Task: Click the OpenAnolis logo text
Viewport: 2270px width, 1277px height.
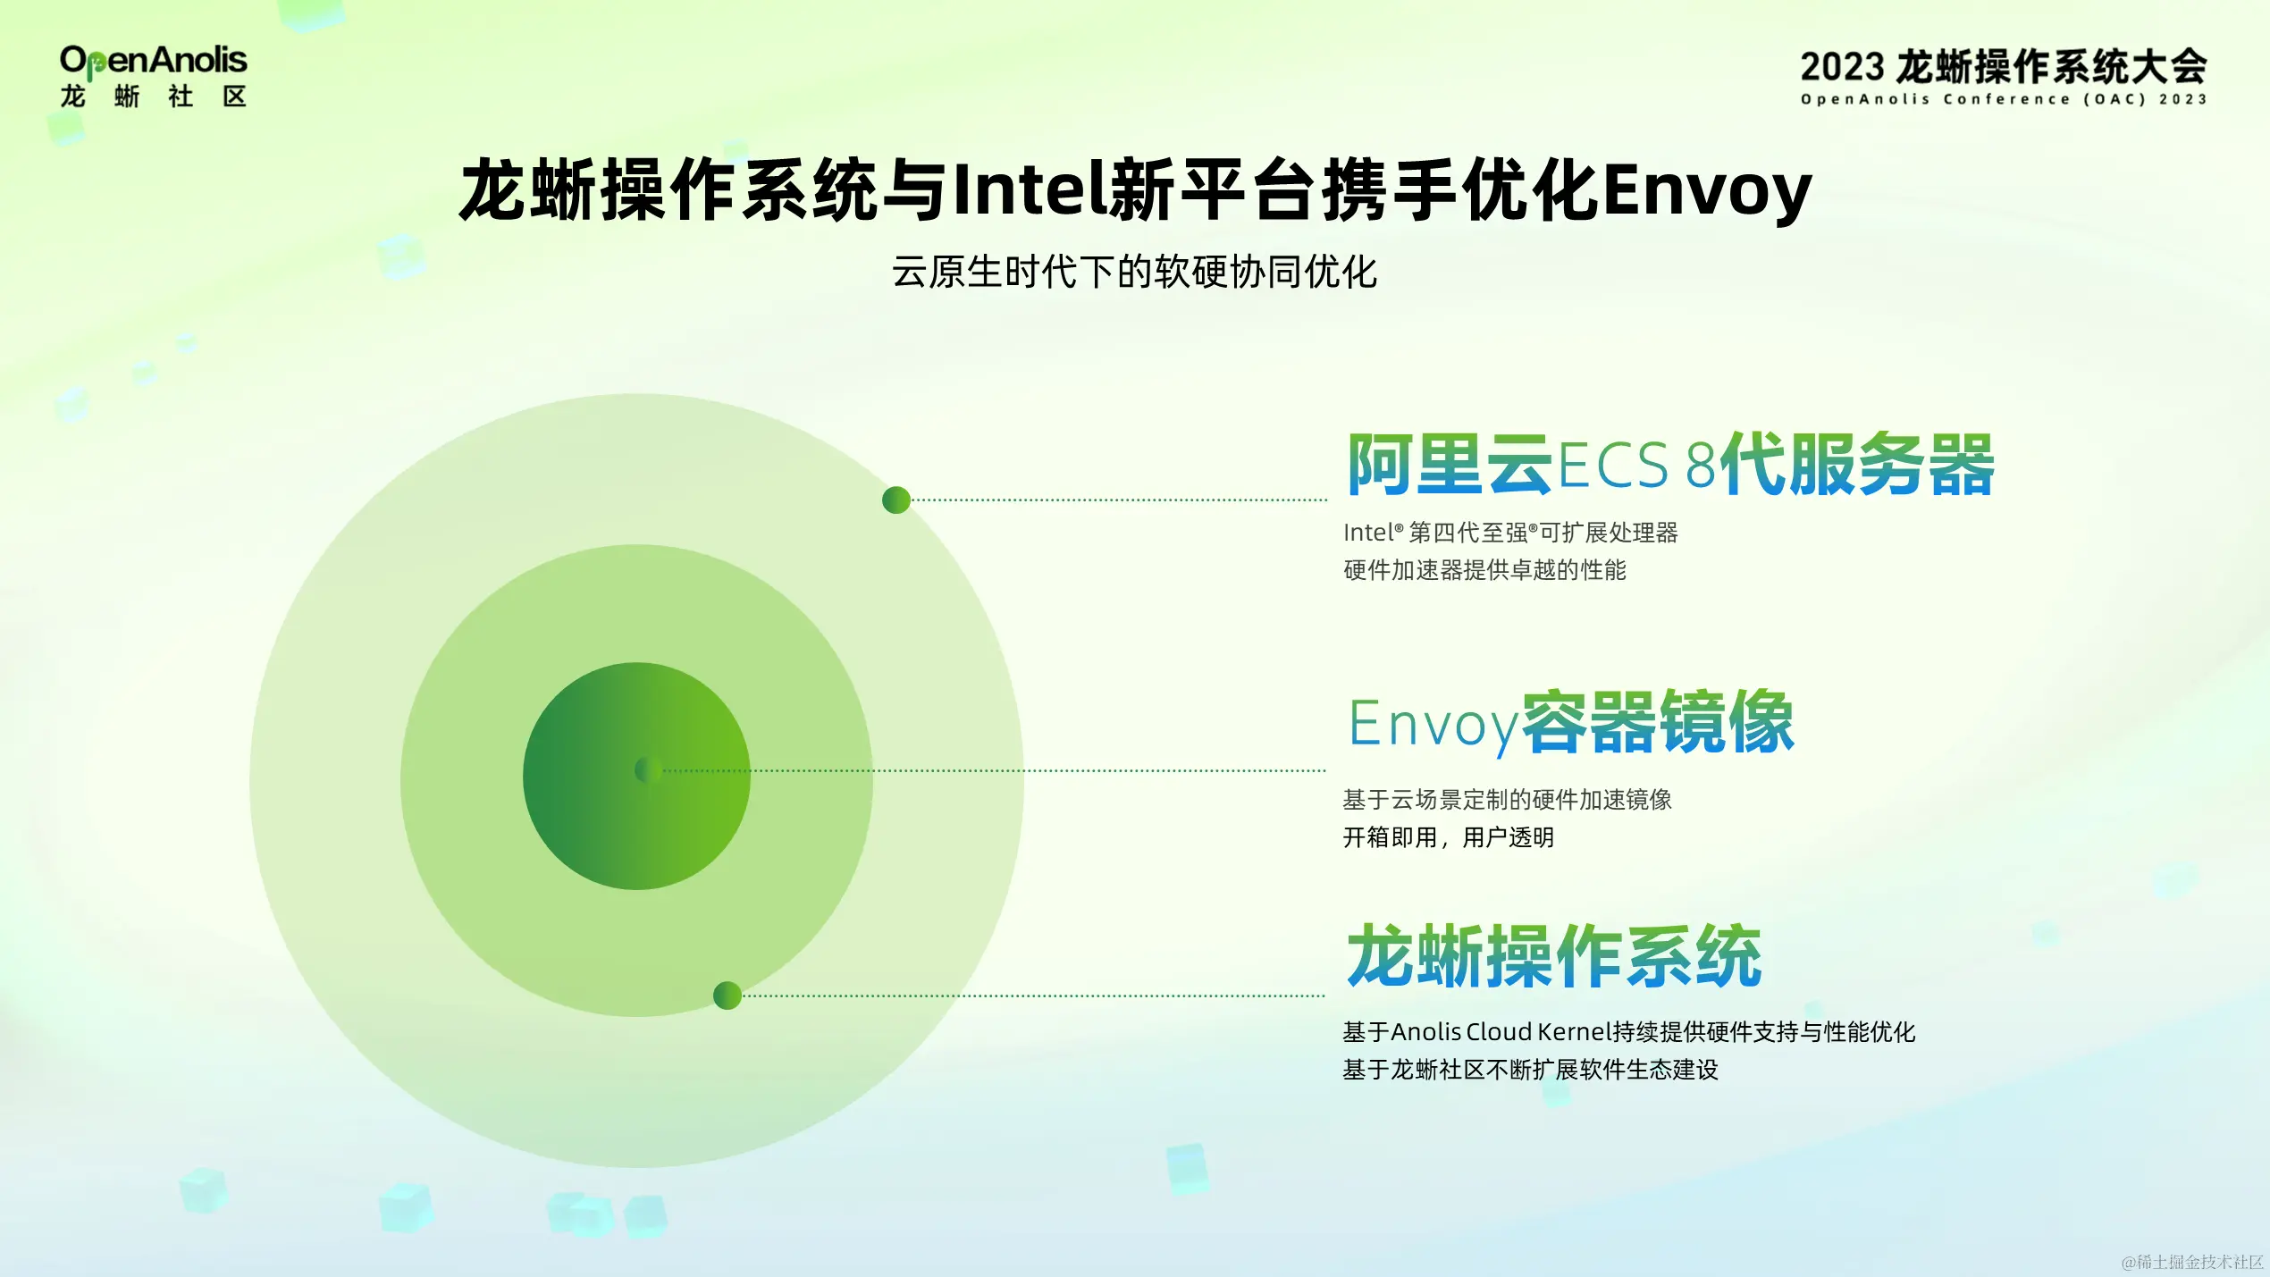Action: [x=153, y=61]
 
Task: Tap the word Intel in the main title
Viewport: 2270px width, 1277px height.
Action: [x=1030, y=189]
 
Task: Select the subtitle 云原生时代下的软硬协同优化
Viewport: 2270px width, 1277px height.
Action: [x=1134, y=272]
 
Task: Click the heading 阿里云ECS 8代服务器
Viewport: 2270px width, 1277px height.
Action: [x=1670, y=464]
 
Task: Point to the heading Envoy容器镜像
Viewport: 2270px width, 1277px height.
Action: [x=1571, y=723]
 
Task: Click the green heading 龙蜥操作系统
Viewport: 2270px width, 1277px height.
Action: [x=1554, y=956]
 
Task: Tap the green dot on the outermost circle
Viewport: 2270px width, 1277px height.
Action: [x=895, y=500]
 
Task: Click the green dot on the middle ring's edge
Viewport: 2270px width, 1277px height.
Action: [x=727, y=995]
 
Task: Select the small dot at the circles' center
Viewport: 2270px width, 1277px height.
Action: [x=648, y=769]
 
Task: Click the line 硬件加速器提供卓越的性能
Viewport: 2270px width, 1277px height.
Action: [x=1484, y=570]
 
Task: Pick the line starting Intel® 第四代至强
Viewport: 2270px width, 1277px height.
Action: [x=1510, y=533]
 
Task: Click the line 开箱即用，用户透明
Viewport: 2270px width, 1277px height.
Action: [x=1448, y=837]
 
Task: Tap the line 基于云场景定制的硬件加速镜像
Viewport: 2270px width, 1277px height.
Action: [x=1507, y=799]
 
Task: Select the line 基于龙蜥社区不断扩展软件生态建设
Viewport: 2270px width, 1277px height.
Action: [x=1530, y=1070]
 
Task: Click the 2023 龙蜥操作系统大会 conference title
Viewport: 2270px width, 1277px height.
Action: [x=2003, y=67]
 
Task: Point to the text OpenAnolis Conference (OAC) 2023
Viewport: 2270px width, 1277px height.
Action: [x=2004, y=99]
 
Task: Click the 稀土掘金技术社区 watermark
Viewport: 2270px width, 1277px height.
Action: [x=2192, y=1262]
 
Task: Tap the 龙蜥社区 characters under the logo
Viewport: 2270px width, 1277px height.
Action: [x=153, y=97]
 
